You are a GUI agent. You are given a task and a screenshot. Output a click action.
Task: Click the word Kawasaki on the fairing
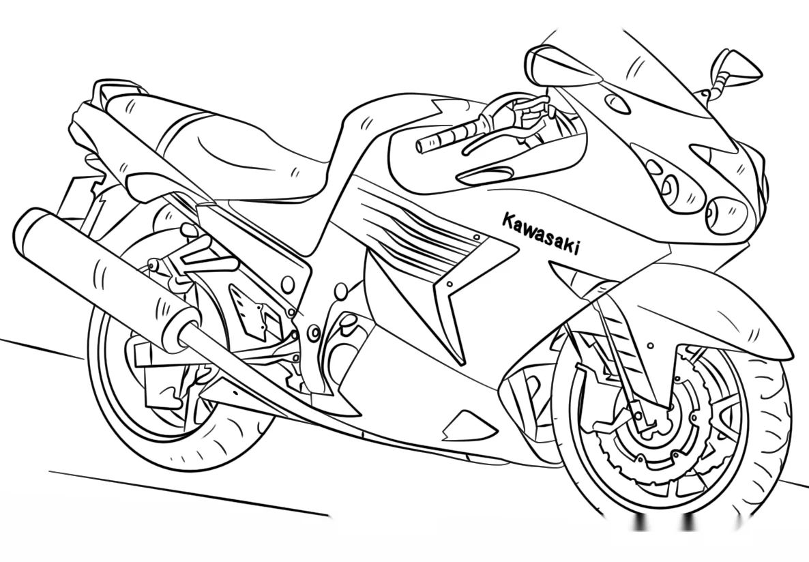(540, 234)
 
